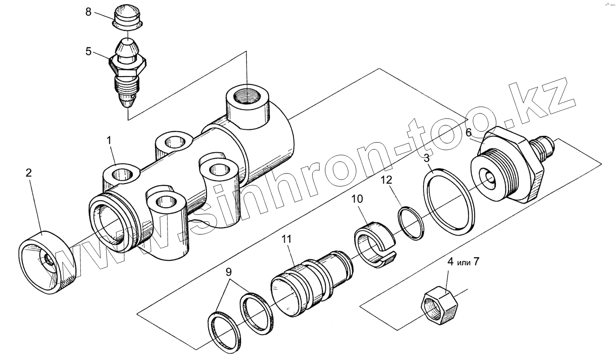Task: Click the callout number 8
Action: (88, 11)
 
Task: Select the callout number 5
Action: (88, 51)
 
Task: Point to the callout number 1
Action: (109, 140)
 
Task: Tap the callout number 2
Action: (28, 173)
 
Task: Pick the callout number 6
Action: (468, 132)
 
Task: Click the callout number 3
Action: (426, 159)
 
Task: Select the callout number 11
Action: (287, 239)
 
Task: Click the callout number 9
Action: (228, 271)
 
